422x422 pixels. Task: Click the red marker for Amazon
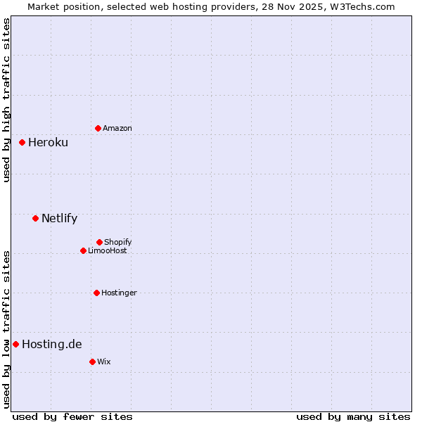click(x=98, y=128)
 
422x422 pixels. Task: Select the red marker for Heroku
click(x=22, y=142)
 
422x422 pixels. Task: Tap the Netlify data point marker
click(x=35, y=218)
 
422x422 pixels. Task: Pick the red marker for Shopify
click(x=99, y=242)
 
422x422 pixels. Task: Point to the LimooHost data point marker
click(x=83, y=250)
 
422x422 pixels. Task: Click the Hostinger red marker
click(x=96, y=293)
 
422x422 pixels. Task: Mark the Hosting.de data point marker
click(x=15, y=344)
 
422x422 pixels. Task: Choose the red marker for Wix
click(x=92, y=362)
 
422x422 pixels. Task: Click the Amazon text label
click(x=117, y=128)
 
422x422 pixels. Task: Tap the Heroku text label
click(x=48, y=142)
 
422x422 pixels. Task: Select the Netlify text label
click(x=59, y=218)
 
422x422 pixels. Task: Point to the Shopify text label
click(x=118, y=242)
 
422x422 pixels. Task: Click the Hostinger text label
click(x=119, y=293)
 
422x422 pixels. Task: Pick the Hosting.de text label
click(x=51, y=344)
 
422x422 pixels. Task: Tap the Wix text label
click(x=104, y=362)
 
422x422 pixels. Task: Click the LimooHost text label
click(x=108, y=250)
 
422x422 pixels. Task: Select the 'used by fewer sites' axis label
click(x=72, y=416)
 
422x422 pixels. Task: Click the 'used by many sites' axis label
click(x=353, y=416)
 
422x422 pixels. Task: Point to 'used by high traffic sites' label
click(x=6, y=100)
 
